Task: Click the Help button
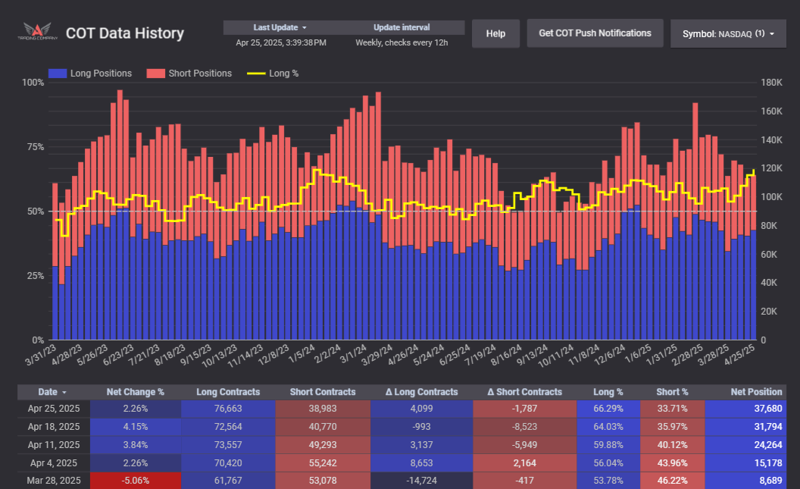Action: [x=495, y=33]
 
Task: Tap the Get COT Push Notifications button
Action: [x=595, y=33]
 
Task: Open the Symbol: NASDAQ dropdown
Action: [x=728, y=34]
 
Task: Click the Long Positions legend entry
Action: [x=90, y=74]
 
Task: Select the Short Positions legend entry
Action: [x=189, y=74]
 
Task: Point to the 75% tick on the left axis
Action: [x=34, y=146]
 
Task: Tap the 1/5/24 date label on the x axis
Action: [x=303, y=354]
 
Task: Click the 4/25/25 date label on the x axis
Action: [x=741, y=354]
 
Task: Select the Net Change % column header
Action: [x=135, y=392]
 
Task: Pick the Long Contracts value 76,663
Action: [x=229, y=409]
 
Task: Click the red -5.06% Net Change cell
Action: [x=135, y=480]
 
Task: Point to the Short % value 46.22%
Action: [x=672, y=480]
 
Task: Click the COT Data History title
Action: [x=125, y=33]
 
